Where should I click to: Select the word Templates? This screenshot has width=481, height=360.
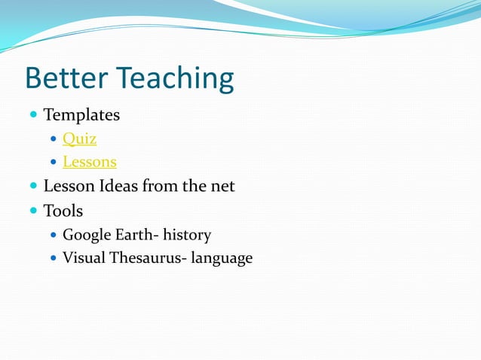pos(81,115)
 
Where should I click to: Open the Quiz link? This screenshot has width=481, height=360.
pos(79,139)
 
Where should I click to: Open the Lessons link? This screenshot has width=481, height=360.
pos(89,162)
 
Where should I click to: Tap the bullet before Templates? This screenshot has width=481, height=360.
pos(33,115)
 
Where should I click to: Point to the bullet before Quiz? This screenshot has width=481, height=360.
pos(53,139)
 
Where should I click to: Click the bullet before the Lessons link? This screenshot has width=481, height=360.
pos(53,162)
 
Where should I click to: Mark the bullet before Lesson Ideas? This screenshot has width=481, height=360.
pos(33,185)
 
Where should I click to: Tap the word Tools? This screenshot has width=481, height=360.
pos(63,210)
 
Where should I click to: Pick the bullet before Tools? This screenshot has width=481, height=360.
pos(33,210)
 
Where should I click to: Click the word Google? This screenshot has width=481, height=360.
pos(85,235)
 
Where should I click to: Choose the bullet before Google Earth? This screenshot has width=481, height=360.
pos(53,235)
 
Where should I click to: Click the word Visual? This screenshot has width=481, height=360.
pos(82,258)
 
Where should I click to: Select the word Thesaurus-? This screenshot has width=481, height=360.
pos(146,258)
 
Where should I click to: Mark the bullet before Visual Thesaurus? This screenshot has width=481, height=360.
pos(53,258)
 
